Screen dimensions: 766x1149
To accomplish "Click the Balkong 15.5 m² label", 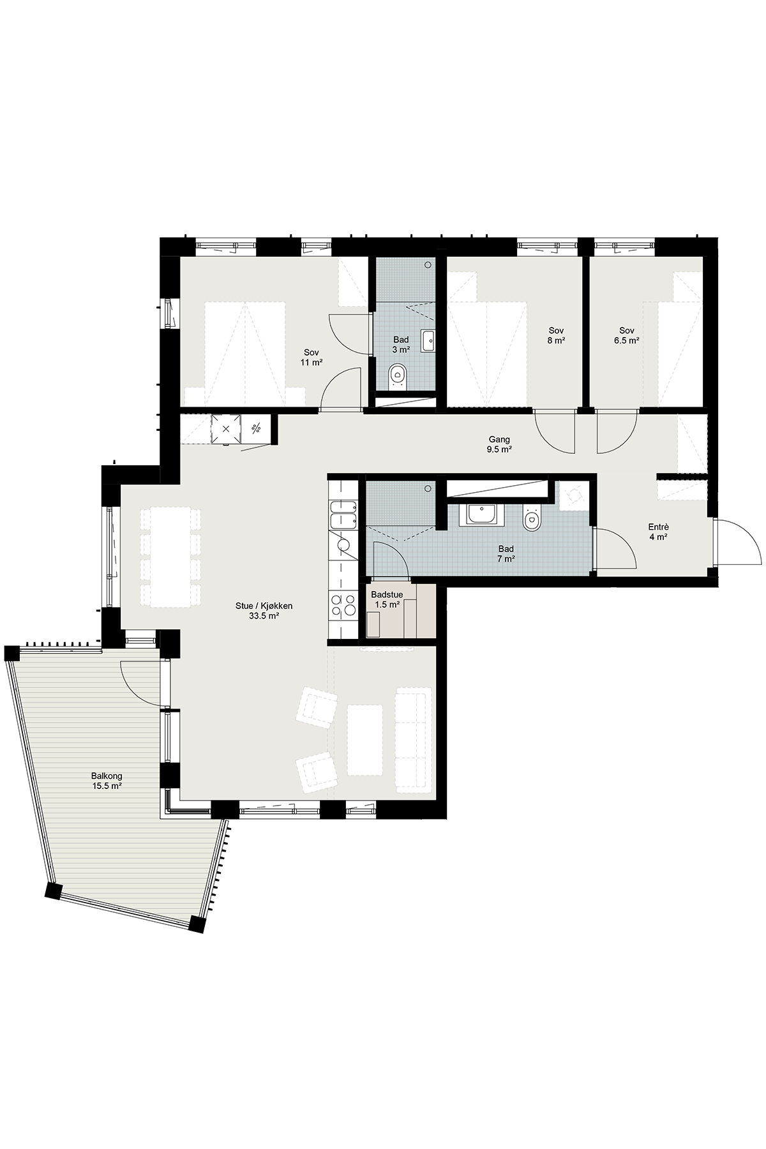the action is tap(107, 781).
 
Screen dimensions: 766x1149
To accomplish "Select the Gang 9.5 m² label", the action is tap(500, 444).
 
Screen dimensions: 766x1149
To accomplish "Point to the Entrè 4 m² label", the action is tap(658, 532).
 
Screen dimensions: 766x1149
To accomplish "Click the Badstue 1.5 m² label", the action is tap(387, 599).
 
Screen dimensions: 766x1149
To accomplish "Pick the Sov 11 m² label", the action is tap(312, 357).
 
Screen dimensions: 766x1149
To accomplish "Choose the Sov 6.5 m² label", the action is tap(627, 335).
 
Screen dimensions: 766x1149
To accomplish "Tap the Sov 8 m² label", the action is tap(557, 335).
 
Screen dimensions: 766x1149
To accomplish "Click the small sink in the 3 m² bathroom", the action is tap(428, 340).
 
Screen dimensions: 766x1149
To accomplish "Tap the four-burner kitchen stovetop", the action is tap(343, 604).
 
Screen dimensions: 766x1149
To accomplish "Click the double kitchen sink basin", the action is tap(343, 515).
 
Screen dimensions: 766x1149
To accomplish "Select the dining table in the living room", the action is tap(170, 557).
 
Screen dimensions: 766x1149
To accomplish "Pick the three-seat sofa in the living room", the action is tap(412, 740).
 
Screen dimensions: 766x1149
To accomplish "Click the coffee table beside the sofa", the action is tap(365, 740).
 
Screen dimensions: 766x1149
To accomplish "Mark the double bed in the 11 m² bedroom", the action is tap(245, 353).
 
